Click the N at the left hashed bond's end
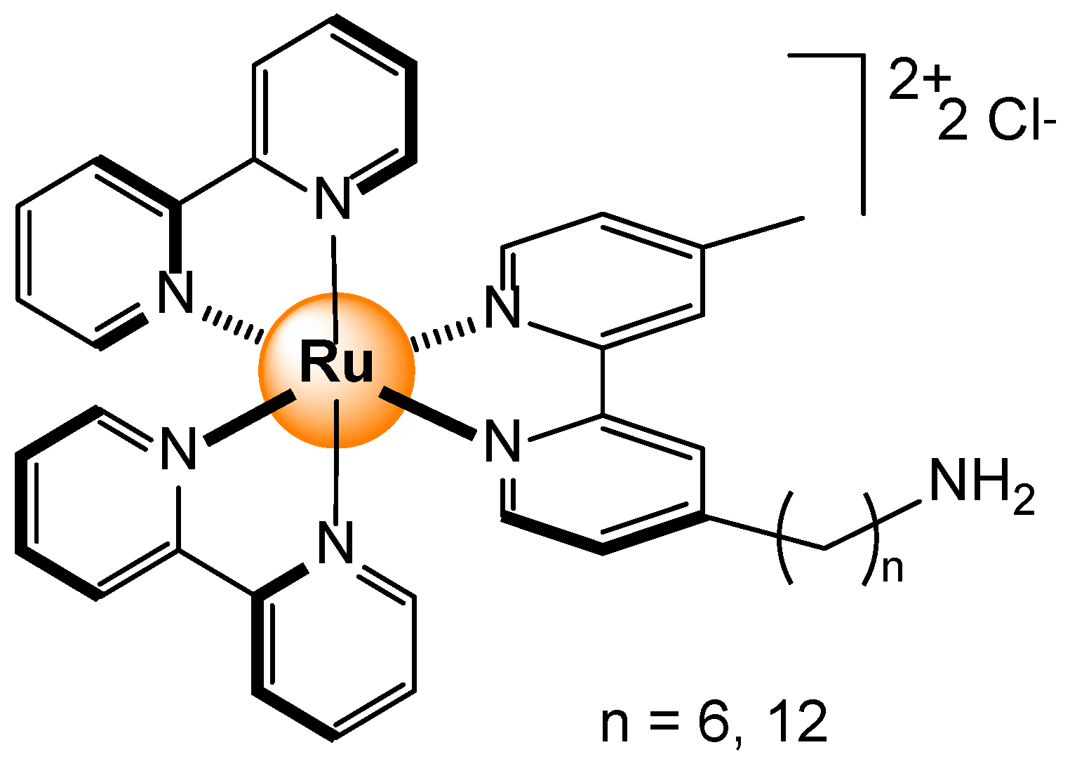pos(175,293)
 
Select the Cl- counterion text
pos(1021,121)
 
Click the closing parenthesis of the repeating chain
pos(870,537)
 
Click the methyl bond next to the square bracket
pos(753,232)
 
